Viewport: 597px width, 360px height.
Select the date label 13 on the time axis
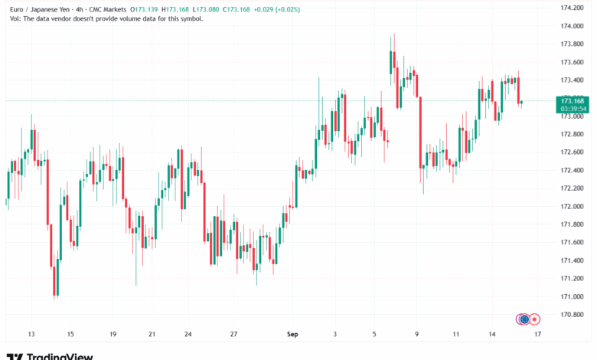[x=31, y=335]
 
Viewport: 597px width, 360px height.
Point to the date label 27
[x=233, y=335]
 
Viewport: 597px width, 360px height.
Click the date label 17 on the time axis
[x=538, y=335]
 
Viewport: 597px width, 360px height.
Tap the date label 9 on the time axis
[x=416, y=335]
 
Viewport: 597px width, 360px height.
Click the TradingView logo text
[x=60, y=356]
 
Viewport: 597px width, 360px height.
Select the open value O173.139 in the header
[x=149, y=9]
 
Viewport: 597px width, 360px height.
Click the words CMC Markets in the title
[x=106, y=9]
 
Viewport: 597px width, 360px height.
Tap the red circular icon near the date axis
[x=535, y=319]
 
